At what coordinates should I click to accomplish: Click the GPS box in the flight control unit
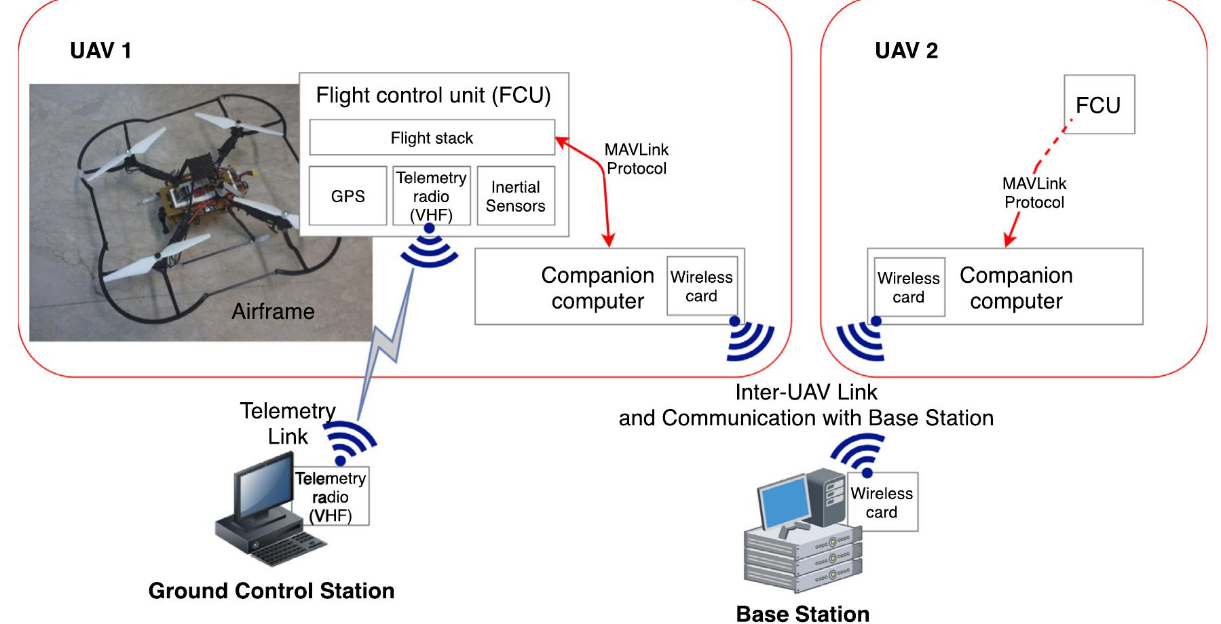click(x=347, y=196)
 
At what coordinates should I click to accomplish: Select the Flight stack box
click(x=432, y=138)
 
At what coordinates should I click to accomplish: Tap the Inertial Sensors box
click(x=516, y=196)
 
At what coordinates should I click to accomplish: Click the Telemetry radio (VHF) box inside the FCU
click(x=431, y=196)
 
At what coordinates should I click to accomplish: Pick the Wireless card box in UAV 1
click(x=701, y=286)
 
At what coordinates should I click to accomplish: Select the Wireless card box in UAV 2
click(x=909, y=288)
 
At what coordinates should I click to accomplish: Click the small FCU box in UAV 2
click(x=1098, y=104)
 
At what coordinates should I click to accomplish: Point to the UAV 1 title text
click(x=100, y=51)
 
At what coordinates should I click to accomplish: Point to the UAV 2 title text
click(x=906, y=51)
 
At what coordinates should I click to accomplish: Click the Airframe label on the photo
click(x=273, y=311)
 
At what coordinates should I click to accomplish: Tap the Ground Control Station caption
click(x=271, y=591)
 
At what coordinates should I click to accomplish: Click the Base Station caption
click(x=802, y=613)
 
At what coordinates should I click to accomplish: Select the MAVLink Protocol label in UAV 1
click(x=637, y=159)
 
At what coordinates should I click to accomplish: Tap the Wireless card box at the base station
click(x=882, y=503)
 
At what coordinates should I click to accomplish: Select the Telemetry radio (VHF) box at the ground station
click(x=331, y=496)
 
